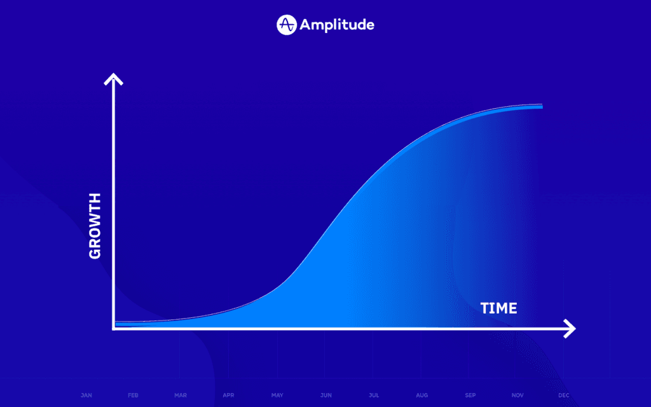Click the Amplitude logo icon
tap(287, 25)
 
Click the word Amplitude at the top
tap(337, 25)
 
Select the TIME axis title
tap(498, 309)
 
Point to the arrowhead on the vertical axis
tap(113, 79)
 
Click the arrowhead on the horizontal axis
tap(570, 329)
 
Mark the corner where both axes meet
tap(114, 329)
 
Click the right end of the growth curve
tap(541, 106)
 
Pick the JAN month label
tap(86, 396)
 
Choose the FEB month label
tap(133, 396)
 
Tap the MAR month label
tap(181, 396)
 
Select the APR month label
tap(228, 396)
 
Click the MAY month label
tap(277, 396)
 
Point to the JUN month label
tap(325, 396)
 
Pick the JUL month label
tap(373, 396)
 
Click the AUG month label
tap(421, 396)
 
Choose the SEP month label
tap(470, 396)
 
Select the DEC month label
tap(564, 396)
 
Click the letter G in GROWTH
tap(95, 252)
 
